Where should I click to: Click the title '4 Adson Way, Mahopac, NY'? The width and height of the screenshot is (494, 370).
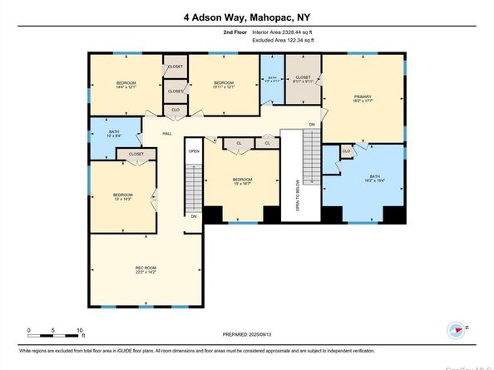click(x=246, y=15)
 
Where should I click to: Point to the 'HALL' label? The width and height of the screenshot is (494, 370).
click(x=166, y=134)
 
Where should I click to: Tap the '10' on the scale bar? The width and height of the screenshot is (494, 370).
click(x=81, y=330)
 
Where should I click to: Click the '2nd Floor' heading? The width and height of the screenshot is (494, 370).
click(x=235, y=32)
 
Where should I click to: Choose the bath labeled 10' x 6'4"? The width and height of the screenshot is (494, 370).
click(x=114, y=135)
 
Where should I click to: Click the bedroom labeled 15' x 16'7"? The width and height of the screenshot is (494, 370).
click(x=242, y=182)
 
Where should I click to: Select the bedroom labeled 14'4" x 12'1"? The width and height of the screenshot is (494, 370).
click(x=126, y=85)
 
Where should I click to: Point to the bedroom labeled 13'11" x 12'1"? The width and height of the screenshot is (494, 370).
click(x=224, y=85)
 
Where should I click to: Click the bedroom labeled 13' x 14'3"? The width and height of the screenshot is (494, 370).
click(x=122, y=197)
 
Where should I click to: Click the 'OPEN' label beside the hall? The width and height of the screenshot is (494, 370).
click(x=193, y=151)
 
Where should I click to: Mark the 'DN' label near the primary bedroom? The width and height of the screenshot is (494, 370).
click(x=312, y=125)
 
